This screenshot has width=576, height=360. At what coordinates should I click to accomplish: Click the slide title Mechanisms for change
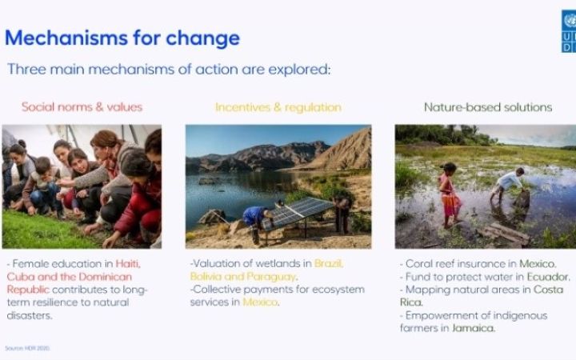(x=122, y=38)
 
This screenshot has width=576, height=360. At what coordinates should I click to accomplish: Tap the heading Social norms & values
(x=82, y=106)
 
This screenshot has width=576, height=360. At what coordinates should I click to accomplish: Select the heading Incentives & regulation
(x=278, y=106)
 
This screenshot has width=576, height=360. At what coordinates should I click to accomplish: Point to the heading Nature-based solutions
(x=488, y=106)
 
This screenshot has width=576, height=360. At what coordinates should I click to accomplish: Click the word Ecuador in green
(x=547, y=276)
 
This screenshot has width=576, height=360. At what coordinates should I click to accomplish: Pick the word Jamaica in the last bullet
(x=473, y=328)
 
